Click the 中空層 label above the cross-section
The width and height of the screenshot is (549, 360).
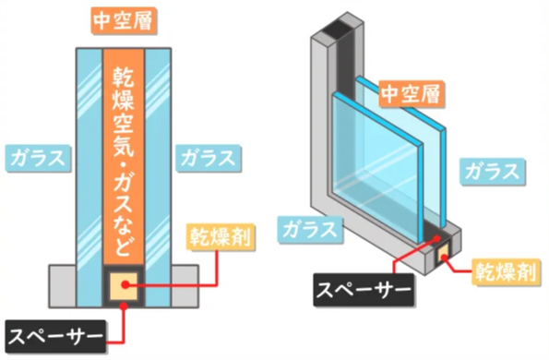tap(124, 20)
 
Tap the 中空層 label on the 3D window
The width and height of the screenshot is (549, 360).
tap(411, 94)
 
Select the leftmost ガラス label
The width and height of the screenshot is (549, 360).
tap(38, 158)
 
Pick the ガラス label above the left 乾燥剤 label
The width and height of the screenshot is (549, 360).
tap(209, 158)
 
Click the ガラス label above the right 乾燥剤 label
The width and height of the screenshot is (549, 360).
tap(493, 172)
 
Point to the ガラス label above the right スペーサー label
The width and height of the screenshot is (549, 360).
tap(310, 229)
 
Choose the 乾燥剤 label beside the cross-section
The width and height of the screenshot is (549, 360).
tap(221, 237)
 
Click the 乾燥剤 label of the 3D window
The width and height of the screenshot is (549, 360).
tap(506, 271)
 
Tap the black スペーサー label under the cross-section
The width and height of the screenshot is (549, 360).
tap(55, 336)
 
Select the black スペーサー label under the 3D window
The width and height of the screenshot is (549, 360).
tap(364, 290)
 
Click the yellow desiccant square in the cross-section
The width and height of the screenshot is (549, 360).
tap(124, 286)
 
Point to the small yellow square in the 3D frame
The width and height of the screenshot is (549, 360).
tap(443, 253)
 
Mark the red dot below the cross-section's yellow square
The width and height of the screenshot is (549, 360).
tap(124, 306)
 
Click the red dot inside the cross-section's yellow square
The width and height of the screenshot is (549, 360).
tap(125, 285)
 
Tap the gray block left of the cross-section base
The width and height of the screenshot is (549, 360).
tap(63, 286)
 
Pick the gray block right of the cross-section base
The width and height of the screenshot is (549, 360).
tap(185, 286)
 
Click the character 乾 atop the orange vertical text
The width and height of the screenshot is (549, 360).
tap(124, 77)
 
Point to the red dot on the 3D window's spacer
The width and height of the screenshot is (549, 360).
tap(436, 238)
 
